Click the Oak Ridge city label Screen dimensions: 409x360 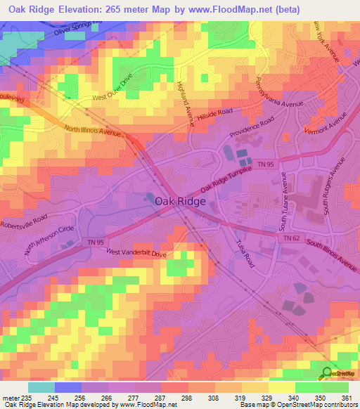pyautogui.click(x=180, y=201)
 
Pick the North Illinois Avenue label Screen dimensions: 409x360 pyautogui.click(x=92, y=130)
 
